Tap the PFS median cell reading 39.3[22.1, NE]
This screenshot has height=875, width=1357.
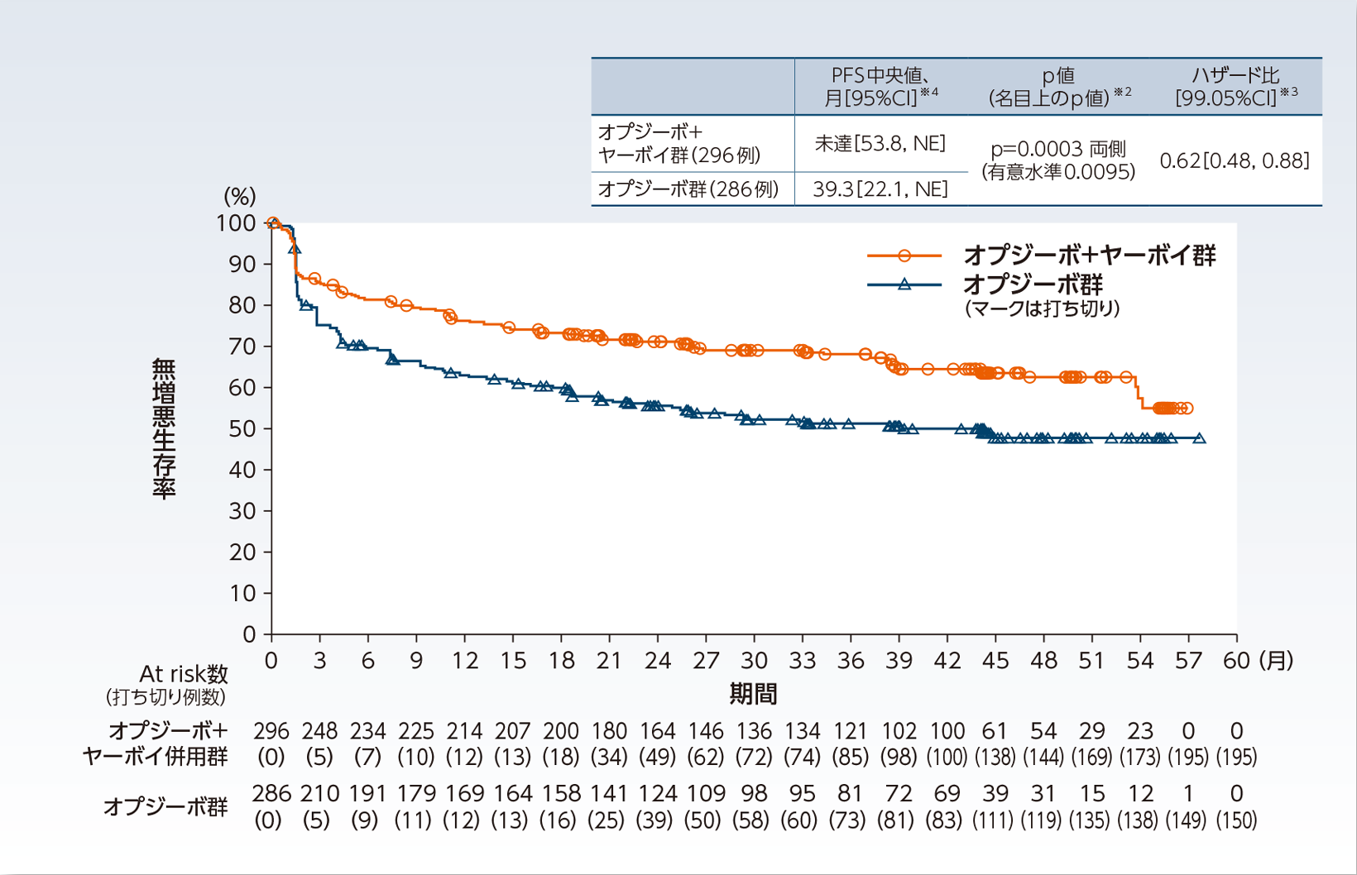[x=880, y=189]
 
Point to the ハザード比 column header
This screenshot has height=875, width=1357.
[x=1235, y=76]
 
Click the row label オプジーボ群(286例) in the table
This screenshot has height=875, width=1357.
[x=688, y=189]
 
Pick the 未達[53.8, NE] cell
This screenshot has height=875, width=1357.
[x=880, y=144]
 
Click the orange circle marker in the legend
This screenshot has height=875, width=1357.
[x=904, y=256]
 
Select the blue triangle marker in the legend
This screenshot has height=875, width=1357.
[x=904, y=284]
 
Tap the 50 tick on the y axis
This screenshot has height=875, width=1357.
[x=242, y=428]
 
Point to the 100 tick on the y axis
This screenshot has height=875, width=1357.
[x=236, y=223]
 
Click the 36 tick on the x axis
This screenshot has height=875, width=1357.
[x=851, y=661]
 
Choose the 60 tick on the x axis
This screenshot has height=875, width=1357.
[x=1236, y=661]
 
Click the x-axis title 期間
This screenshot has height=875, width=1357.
[x=753, y=693]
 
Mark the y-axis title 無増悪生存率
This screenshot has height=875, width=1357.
[x=164, y=428]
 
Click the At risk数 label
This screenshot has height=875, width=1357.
[x=183, y=674]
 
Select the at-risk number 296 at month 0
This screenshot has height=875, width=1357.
[x=271, y=731]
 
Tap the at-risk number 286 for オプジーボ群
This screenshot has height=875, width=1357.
[x=271, y=794]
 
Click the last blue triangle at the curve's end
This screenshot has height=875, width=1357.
[x=1200, y=438]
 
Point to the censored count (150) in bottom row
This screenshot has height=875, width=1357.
[x=1236, y=820]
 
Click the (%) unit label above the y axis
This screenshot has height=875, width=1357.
[x=240, y=197]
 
